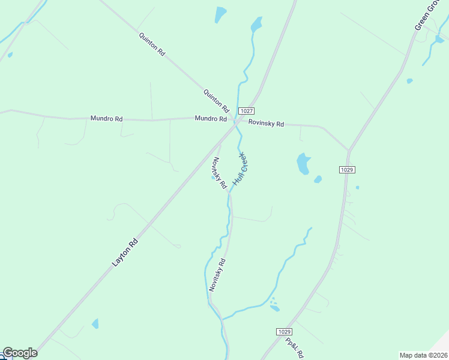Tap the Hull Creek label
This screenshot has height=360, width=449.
[x=240, y=169]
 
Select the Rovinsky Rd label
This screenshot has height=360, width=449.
[x=266, y=124]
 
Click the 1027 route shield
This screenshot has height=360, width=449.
[x=246, y=111]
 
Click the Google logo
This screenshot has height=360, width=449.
[x=19, y=353]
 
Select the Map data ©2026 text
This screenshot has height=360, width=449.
[x=424, y=355]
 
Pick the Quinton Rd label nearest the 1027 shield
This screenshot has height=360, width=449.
[x=216, y=101]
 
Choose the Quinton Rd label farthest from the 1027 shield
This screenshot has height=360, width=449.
[x=151, y=44]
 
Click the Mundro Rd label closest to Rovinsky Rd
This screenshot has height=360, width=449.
[x=211, y=119]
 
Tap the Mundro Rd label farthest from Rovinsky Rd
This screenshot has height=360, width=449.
[x=106, y=119]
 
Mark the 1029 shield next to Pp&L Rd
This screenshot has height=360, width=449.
[x=285, y=332]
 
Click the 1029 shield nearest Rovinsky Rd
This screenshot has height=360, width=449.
[x=346, y=170]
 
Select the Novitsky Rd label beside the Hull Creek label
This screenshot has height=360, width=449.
[x=218, y=172]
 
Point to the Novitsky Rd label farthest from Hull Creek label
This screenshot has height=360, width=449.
[x=217, y=275]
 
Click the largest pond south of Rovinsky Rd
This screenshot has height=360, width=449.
[x=303, y=163]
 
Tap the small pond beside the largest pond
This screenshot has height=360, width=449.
[x=318, y=179]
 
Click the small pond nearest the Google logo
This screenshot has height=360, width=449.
[x=95, y=324]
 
